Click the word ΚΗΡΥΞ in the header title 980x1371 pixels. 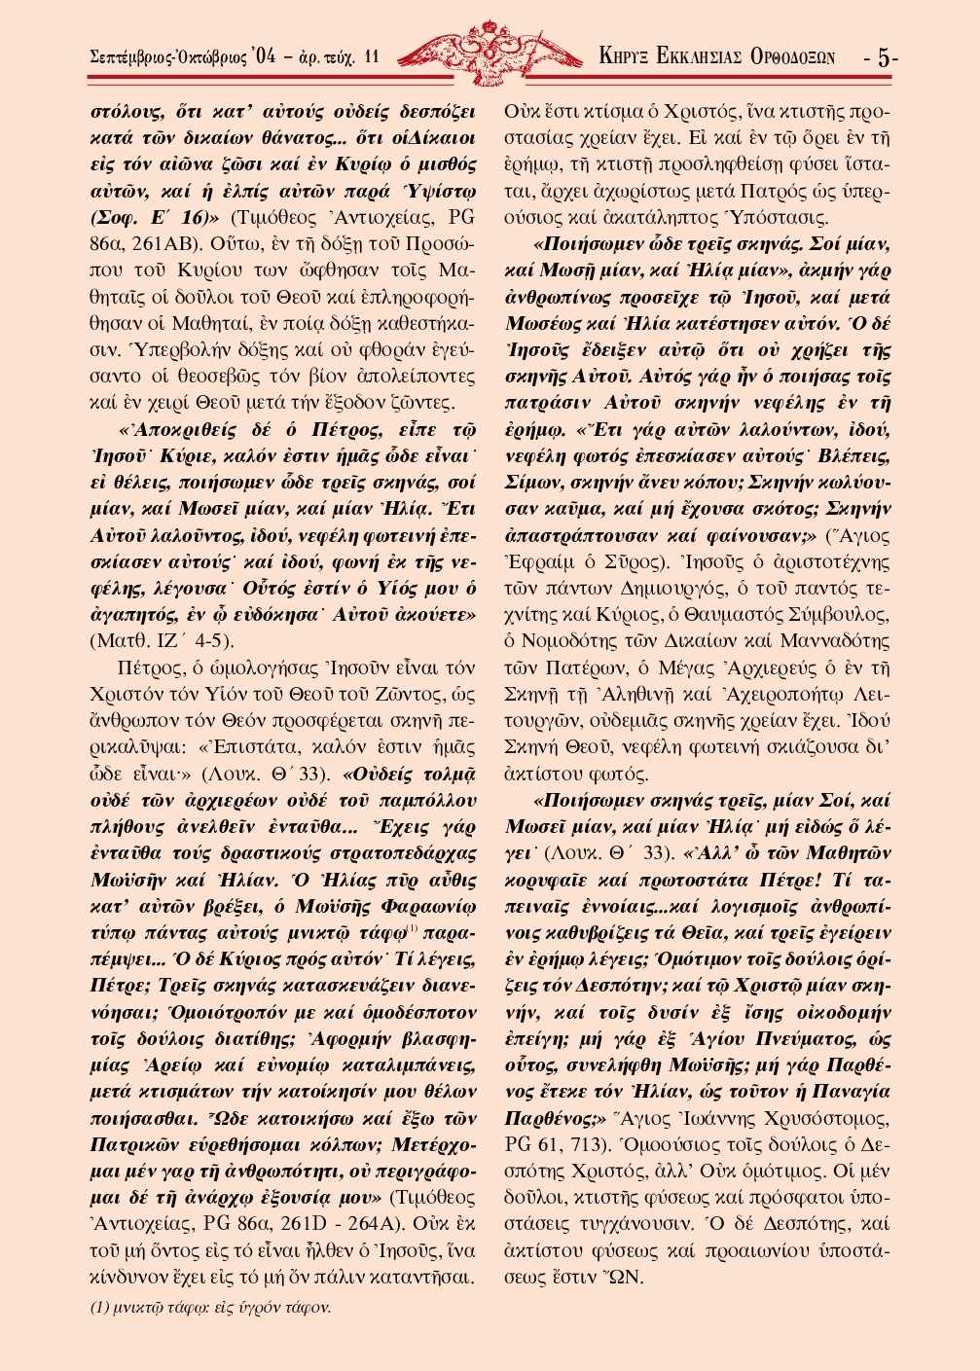point(624,57)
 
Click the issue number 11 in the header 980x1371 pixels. point(371,57)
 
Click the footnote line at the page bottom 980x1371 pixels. point(211,1308)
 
